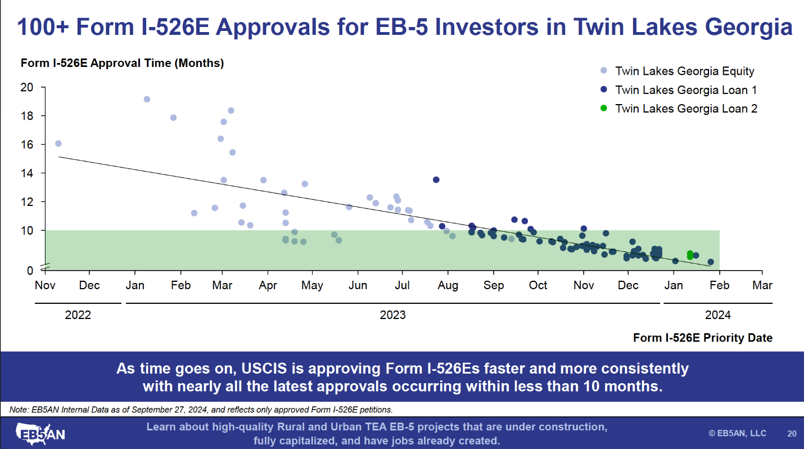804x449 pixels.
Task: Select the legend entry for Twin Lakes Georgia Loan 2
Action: (686, 109)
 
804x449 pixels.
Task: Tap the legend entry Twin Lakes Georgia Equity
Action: (684, 71)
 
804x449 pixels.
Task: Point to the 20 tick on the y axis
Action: (27, 87)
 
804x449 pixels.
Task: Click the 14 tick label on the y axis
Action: (27, 173)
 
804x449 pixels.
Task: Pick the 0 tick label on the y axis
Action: (30, 271)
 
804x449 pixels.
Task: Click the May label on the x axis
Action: (312, 285)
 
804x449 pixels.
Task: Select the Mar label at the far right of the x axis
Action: (762, 285)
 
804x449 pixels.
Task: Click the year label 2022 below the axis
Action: (78, 315)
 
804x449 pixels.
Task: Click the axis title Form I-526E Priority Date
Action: (702, 338)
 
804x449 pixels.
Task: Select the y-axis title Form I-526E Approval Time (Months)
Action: (122, 63)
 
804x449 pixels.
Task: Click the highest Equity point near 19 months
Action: (147, 99)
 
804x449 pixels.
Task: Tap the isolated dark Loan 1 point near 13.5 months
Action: (436, 179)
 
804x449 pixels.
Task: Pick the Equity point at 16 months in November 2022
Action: (58, 143)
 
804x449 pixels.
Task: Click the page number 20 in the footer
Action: (792, 433)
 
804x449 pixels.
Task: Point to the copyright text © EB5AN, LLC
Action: (737, 433)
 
